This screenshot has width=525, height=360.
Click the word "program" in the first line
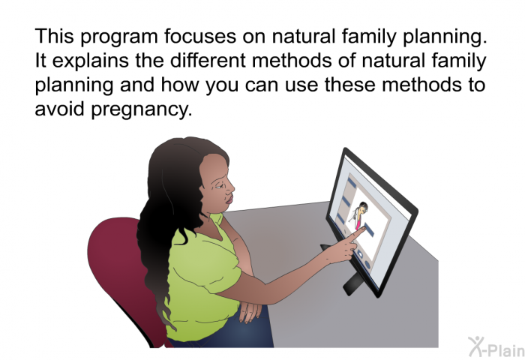(118, 37)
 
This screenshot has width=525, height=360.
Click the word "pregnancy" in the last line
(142, 110)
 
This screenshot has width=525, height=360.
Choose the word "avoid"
(59, 108)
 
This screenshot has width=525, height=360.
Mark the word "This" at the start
(54, 35)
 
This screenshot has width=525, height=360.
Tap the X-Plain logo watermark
(496, 347)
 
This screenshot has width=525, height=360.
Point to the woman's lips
(229, 199)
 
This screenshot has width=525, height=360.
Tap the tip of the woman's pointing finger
(364, 228)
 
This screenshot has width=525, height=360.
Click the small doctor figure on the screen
(359, 214)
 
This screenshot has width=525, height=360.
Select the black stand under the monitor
(352, 284)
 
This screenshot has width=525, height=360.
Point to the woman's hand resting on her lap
(250, 310)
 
